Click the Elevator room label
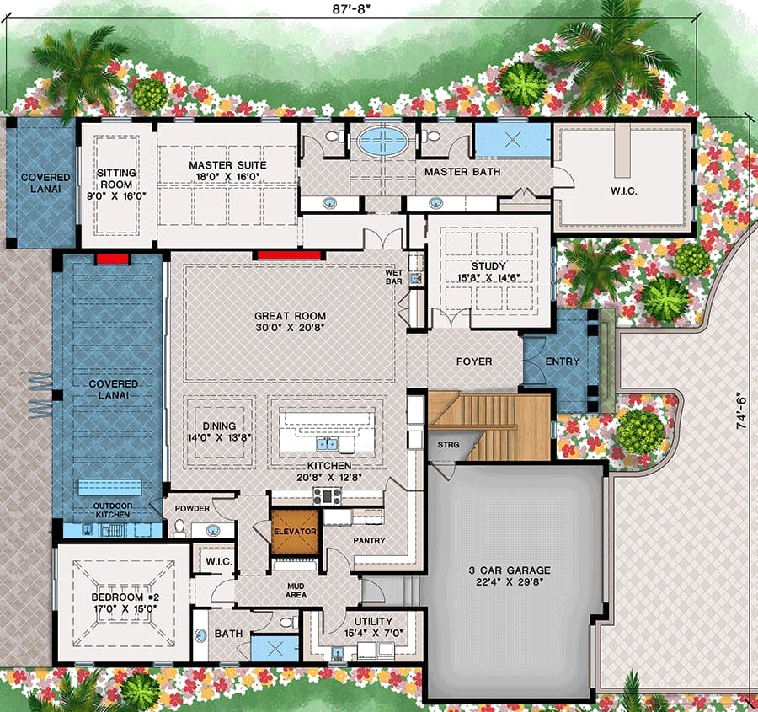[295, 531]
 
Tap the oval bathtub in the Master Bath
[384, 140]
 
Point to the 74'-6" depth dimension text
[741, 412]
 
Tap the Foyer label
[474, 361]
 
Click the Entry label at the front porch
[563, 361]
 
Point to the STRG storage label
[448, 445]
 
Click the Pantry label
[370, 540]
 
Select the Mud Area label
[296, 590]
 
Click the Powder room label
[192, 508]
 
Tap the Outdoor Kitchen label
[113, 511]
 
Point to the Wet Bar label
[393, 276]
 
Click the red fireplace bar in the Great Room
[289, 255]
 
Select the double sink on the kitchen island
[328, 443]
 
